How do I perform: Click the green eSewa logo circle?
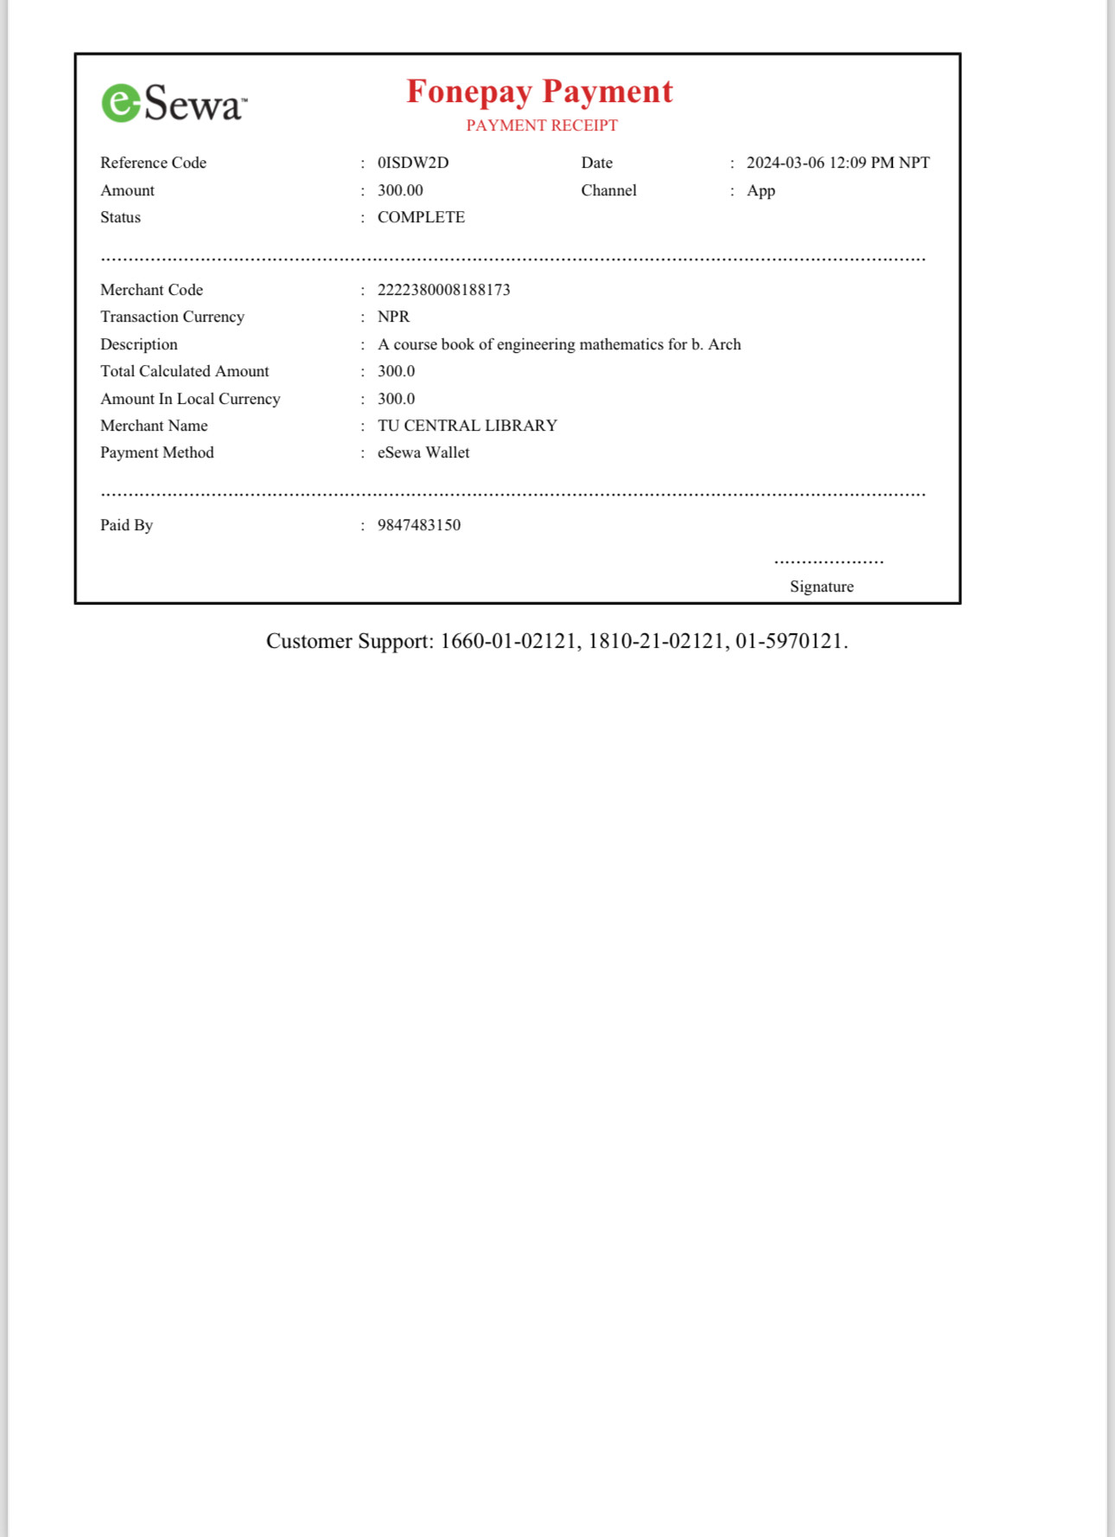pos(121,103)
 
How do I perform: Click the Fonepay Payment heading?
pos(539,92)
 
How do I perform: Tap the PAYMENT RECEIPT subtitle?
pos(542,125)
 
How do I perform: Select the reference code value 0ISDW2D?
pos(412,163)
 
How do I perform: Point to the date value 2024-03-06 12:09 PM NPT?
pos(838,163)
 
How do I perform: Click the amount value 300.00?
pos(400,190)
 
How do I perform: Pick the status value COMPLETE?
pos(421,217)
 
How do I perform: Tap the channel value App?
pos(761,190)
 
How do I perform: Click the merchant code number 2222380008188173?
pos(443,290)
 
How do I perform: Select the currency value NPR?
pos(393,317)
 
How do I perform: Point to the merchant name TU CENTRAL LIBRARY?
pos(467,426)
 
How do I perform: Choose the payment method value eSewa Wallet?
pos(424,452)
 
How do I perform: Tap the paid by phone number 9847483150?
pos(418,525)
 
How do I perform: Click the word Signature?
pos(821,586)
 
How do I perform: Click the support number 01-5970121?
pos(788,641)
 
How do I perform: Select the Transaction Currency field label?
pos(172,317)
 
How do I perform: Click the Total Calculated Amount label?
pos(184,371)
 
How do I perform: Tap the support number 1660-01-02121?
pos(507,641)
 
